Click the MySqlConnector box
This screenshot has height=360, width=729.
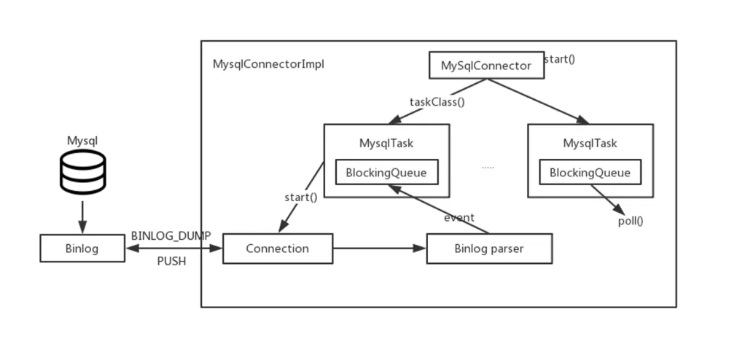[x=486, y=66]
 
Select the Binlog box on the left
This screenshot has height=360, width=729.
[x=82, y=249]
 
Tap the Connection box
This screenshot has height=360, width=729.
[x=277, y=249]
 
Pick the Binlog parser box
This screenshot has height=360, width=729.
[x=488, y=249]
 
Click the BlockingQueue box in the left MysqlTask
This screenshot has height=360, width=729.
[x=386, y=173]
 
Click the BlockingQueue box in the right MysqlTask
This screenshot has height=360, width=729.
[x=590, y=173]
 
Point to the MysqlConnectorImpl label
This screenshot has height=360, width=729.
[x=268, y=64]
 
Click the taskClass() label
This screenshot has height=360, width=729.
[x=437, y=102]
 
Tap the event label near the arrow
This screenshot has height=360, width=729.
[x=459, y=217]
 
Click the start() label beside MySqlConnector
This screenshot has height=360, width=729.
[x=560, y=58]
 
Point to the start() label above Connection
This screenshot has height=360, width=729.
[x=300, y=197]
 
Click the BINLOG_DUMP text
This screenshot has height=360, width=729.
[x=171, y=236]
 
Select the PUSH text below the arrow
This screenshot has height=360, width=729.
[x=171, y=262]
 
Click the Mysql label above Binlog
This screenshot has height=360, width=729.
[x=82, y=141]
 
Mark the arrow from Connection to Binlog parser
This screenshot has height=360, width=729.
[x=379, y=249]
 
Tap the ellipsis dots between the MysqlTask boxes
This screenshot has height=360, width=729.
[x=488, y=168]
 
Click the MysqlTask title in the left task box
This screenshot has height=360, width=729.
[x=386, y=143]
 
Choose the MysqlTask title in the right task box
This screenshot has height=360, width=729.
[x=590, y=143]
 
